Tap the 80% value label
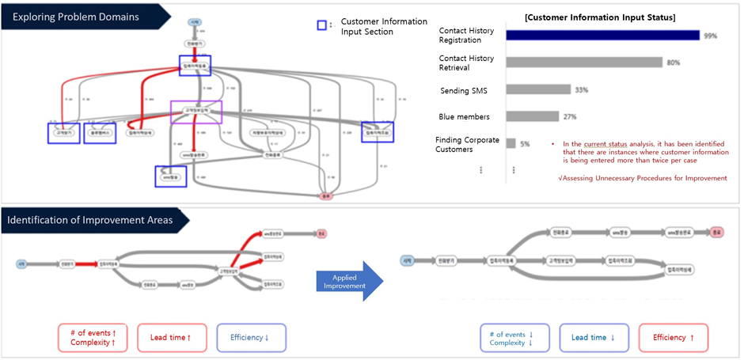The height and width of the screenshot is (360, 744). coord(674,63)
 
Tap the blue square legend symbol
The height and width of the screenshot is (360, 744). coord(322,25)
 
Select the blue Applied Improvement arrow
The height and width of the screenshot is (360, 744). coord(348,280)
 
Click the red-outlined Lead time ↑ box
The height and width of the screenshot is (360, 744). coord(171,337)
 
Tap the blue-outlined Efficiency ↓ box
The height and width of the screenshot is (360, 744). coord(250,337)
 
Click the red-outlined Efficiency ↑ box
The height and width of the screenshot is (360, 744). coord(674,337)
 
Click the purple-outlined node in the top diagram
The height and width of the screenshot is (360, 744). coord(196,112)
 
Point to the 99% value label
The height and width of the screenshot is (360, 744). coord(711,35)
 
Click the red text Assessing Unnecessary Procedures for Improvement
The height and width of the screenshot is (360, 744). coord(642,178)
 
